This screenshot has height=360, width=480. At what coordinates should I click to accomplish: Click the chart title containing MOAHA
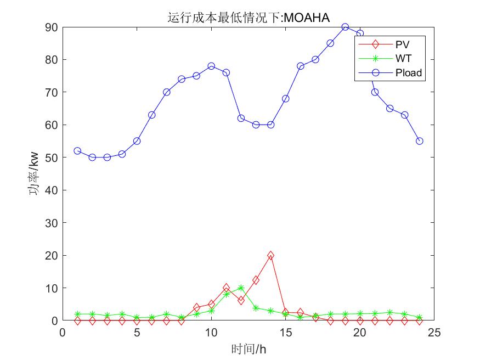click(x=248, y=18)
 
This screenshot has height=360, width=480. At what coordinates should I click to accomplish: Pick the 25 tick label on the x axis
click(x=434, y=333)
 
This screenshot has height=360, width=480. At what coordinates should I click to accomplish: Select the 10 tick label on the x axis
click(x=211, y=333)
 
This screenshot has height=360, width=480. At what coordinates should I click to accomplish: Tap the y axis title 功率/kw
click(x=33, y=173)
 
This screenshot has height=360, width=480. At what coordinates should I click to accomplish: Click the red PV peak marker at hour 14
click(x=270, y=256)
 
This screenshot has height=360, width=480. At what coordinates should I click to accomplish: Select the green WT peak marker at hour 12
click(x=241, y=288)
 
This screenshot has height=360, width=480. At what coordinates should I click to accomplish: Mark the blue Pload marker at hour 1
click(x=77, y=151)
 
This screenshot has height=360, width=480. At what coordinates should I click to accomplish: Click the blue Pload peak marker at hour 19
click(x=345, y=27)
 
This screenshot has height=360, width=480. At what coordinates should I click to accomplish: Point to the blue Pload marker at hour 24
click(x=420, y=141)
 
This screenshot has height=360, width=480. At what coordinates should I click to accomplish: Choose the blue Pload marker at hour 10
click(x=211, y=66)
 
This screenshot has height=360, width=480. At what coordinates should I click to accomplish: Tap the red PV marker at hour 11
click(x=226, y=288)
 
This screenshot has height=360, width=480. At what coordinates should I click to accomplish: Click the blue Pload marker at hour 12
click(x=241, y=118)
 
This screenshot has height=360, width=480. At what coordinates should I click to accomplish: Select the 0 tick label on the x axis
click(x=63, y=333)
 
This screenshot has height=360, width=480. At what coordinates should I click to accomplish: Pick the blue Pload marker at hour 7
click(x=167, y=92)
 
